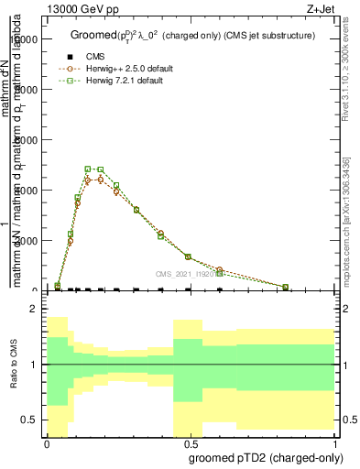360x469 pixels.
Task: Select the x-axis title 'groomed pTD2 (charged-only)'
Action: pyautogui.click(x=264, y=456)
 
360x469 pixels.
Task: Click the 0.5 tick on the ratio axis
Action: pyautogui.click(x=29, y=420)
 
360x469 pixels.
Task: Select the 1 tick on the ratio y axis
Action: pyautogui.click(x=34, y=365)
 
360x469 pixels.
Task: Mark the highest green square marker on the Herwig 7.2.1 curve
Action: pyautogui.click(x=88, y=169)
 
